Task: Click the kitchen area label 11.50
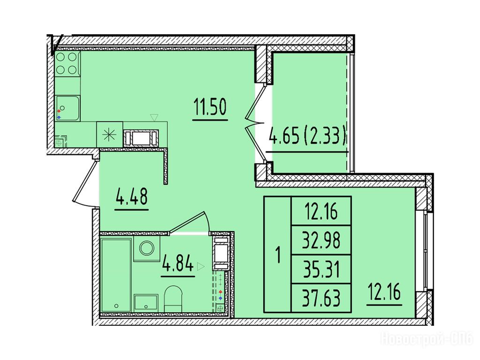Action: point(210,107)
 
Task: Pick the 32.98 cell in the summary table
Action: point(321,240)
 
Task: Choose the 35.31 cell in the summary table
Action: point(321,270)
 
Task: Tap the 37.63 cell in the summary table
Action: point(321,298)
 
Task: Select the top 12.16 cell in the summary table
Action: point(321,211)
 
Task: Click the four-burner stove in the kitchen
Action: point(67,63)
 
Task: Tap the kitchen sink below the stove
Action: point(67,108)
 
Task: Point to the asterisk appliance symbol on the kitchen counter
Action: point(110,135)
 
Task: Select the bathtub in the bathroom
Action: point(116,275)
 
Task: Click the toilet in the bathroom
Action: point(173,299)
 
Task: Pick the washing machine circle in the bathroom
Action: point(147,248)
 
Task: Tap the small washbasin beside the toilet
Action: point(146,303)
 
